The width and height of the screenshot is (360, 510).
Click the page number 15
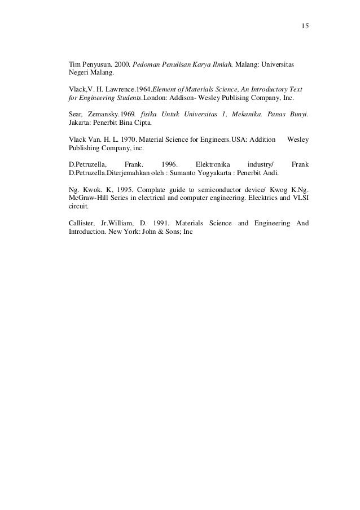[305, 27]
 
